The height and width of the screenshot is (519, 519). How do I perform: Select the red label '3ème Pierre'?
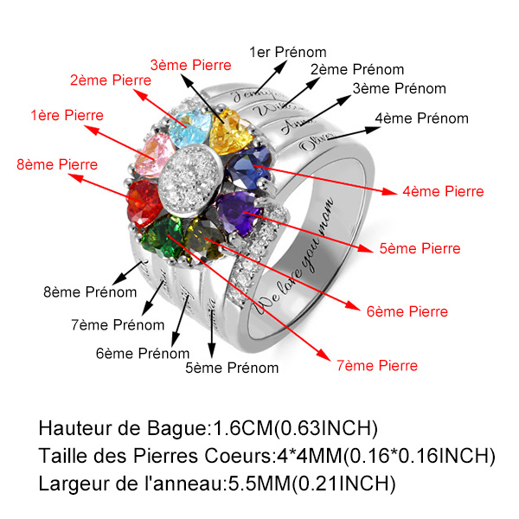190,65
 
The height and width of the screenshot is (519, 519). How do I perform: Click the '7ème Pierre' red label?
377,365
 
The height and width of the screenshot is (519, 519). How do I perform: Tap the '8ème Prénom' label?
90,292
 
